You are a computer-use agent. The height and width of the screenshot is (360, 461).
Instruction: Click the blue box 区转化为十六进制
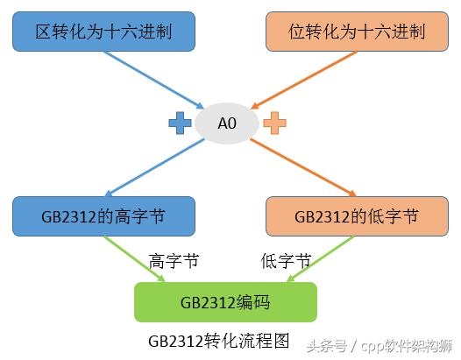[103, 32]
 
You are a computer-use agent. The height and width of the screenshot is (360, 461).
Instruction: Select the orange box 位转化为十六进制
[357, 32]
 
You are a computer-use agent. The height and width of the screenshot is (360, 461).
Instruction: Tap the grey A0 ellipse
[227, 124]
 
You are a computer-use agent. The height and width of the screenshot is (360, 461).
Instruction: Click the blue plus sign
[180, 124]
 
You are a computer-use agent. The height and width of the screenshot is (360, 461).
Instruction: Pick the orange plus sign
[274, 124]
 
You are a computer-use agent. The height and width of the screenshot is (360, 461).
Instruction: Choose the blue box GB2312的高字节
[103, 216]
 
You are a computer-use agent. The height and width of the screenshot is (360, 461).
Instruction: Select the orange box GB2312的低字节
[357, 216]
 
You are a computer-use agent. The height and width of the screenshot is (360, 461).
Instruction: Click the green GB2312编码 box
[225, 302]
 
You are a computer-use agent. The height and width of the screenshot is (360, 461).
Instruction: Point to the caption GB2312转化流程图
[219, 341]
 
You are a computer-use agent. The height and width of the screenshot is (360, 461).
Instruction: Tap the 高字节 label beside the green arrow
[174, 261]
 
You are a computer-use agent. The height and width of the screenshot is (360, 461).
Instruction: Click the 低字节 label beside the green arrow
[286, 261]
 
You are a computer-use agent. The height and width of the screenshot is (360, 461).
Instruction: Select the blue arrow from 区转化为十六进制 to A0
[154, 80]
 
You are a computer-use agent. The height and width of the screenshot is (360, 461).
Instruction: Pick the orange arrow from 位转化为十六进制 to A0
[304, 80]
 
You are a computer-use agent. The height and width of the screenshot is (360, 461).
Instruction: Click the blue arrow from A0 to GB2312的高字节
[154, 167]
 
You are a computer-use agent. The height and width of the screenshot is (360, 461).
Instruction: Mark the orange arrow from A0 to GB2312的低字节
[303, 167]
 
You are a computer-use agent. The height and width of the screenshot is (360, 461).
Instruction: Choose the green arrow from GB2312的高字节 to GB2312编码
[134, 259]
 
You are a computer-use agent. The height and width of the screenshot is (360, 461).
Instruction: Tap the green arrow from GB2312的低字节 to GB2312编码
[321, 259]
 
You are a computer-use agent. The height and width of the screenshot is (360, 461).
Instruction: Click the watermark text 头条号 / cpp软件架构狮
[379, 346]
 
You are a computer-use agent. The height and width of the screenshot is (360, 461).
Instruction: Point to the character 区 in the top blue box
[44, 32]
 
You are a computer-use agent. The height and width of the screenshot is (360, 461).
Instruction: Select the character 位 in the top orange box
[297, 32]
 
